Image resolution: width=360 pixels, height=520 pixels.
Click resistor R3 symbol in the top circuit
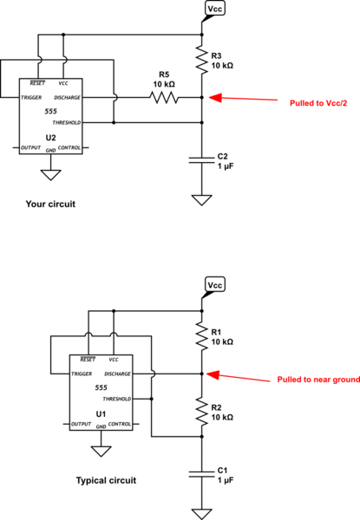(x=200, y=61)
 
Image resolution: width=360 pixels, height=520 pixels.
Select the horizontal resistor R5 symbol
(x=165, y=98)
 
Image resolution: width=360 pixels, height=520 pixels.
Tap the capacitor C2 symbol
(x=200, y=161)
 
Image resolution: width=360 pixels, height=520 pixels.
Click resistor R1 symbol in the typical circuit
(x=200, y=336)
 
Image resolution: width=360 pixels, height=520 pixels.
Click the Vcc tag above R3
(x=216, y=10)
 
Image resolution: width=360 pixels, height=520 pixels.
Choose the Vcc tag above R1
(x=216, y=285)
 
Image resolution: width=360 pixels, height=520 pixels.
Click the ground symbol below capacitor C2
(x=200, y=199)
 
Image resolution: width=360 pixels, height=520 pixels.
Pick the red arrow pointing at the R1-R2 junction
(x=239, y=374)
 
